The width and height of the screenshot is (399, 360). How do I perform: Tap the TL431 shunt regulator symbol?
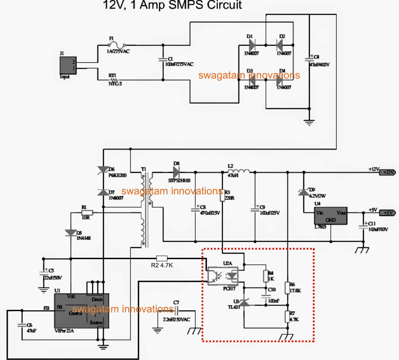(244, 303)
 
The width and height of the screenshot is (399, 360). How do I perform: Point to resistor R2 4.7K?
(162, 258)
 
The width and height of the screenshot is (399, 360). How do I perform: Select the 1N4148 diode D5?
(70, 233)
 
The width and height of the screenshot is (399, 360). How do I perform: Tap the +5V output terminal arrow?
(388, 213)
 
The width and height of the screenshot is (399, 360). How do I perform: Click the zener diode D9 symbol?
(303, 193)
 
